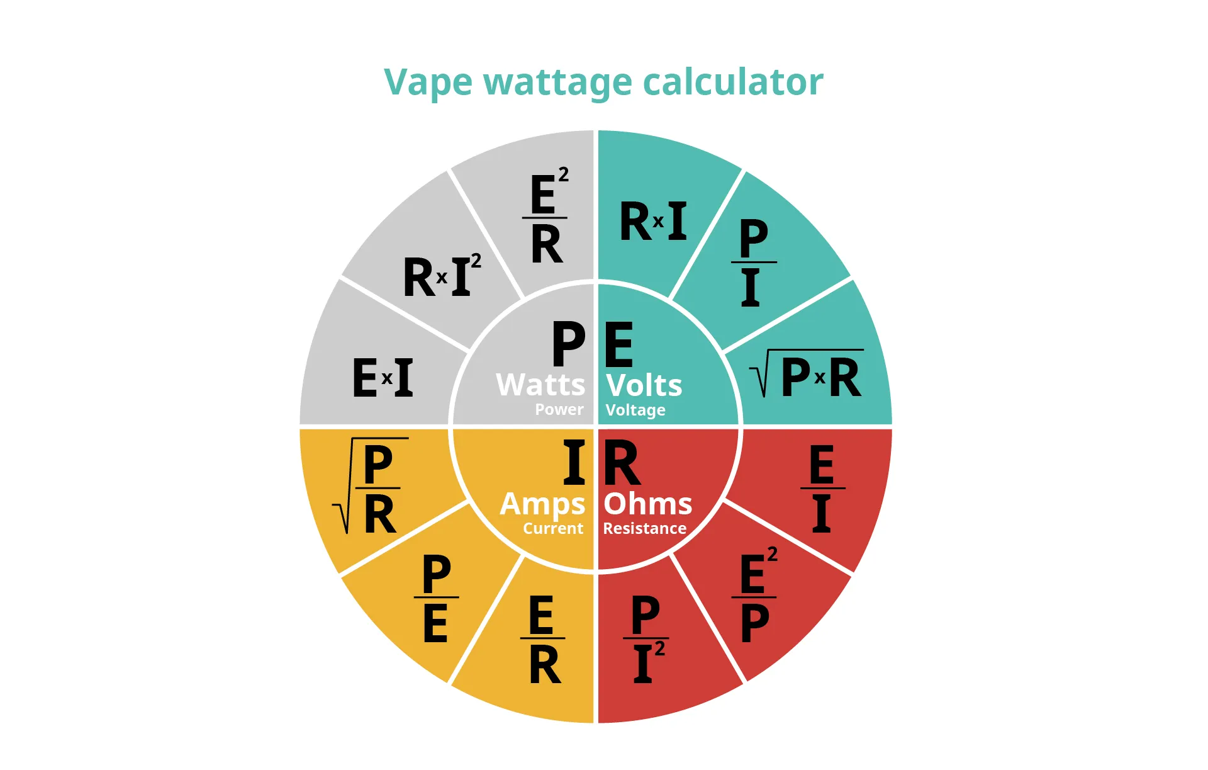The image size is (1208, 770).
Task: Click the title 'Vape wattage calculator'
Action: point(603,82)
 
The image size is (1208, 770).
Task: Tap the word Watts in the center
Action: point(540,385)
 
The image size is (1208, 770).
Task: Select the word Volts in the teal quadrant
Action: point(644,385)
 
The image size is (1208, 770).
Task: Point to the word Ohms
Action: point(648,504)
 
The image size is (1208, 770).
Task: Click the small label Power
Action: point(559,409)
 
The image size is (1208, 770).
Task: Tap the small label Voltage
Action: point(635,410)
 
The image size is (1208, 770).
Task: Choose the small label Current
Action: point(553,528)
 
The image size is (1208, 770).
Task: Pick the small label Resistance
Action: point(645,528)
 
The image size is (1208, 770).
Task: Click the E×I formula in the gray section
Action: point(383,377)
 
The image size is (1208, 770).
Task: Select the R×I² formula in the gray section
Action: point(442,275)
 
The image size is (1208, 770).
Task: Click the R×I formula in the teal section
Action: point(653,221)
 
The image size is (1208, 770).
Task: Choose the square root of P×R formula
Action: point(806,374)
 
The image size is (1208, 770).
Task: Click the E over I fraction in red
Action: point(822,488)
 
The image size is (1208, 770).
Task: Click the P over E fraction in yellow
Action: point(436,597)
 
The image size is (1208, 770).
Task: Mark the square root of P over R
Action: point(371,486)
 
